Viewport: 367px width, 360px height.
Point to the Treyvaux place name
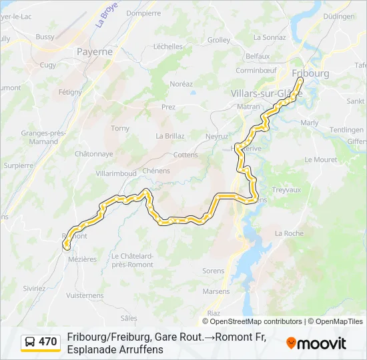[287, 190]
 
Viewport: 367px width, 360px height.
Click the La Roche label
[289, 233]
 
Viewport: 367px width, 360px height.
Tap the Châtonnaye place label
[93, 153]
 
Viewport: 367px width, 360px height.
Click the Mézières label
[82, 259]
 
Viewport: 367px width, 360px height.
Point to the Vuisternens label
[85, 295]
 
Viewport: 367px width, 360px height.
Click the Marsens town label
[216, 291]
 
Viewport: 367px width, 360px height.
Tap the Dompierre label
[143, 13]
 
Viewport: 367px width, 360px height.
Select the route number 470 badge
[48, 342]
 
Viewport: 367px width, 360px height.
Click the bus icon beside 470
[31, 342]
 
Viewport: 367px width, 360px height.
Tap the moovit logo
[316, 343]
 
